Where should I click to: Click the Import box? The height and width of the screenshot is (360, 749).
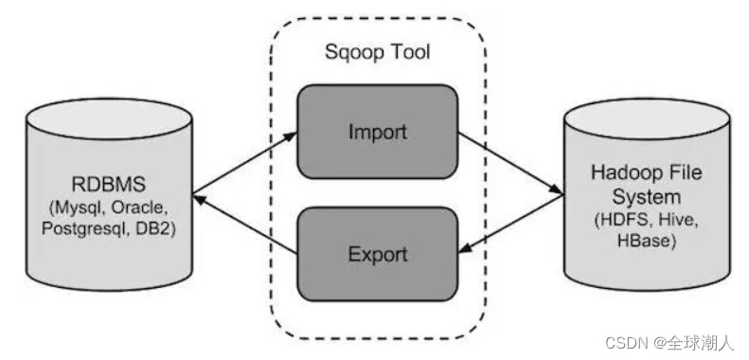[x=378, y=132]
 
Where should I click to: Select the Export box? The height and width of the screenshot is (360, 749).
[x=378, y=254]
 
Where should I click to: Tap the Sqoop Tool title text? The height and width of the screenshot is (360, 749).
[x=378, y=52]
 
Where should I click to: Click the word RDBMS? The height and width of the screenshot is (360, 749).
[x=109, y=185]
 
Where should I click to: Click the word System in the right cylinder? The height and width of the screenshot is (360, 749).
[x=647, y=197]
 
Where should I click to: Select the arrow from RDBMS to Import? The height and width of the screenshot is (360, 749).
[x=244, y=164]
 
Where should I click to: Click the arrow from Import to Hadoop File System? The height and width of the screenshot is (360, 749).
[x=511, y=164]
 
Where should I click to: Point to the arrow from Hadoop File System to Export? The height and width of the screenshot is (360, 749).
[x=511, y=224]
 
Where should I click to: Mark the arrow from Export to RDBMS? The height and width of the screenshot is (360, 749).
[x=244, y=224]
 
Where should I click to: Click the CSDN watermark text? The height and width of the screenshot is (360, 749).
[x=669, y=343]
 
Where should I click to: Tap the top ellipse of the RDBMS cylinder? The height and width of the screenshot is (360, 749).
[x=110, y=119]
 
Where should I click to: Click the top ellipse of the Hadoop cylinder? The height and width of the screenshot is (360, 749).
[x=647, y=119]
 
